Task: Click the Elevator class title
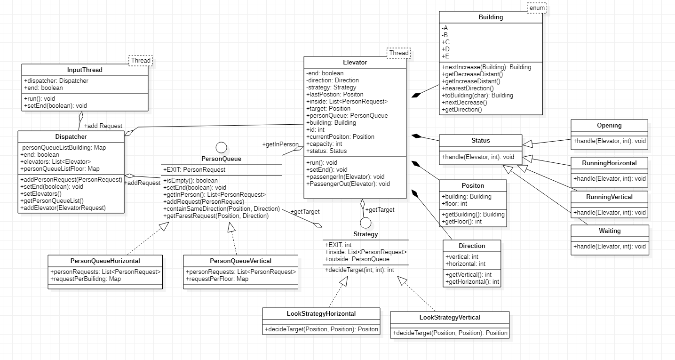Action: pyautogui.click(x=355, y=62)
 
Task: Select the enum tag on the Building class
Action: pyautogui.click(x=537, y=8)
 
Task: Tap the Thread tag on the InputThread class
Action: pyautogui.click(x=141, y=60)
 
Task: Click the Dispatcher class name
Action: pyautogui.click(x=71, y=137)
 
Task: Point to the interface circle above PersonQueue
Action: pyautogui.click(x=221, y=147)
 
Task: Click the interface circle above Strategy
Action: pyautogui.click(x=365, y=223)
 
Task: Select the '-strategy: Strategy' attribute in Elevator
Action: pyautogui.click(x=331, y=88)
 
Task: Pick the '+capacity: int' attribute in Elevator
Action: pyautogui.click(x=324, y=144)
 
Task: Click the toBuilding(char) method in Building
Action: pyautogui.click(x=477, y=96)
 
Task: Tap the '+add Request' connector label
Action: pyautogui.click(x=103, y=126)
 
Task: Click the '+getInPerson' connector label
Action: pyautogui.click(x=280, y=144)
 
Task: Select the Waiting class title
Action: pyautogui.click(x=610, y=231)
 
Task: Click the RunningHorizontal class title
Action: pyautogui.click(x=609, y=163)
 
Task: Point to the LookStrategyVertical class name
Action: pyautogui.click(x=450, y=318)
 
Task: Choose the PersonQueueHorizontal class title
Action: pyautogui.click(x=105, y=261)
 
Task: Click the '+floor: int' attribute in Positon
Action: pyautogui.click(x=454, y=204)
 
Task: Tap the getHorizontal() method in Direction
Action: pyautogui.click(x=472, y=282)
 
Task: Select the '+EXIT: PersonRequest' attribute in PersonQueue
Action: pyautogui.click(x=194, y=170)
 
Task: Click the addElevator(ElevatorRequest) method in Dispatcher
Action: pyautogui.click(x=63, y=208)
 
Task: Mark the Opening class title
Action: pyautogui.click(x=609, y=126)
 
